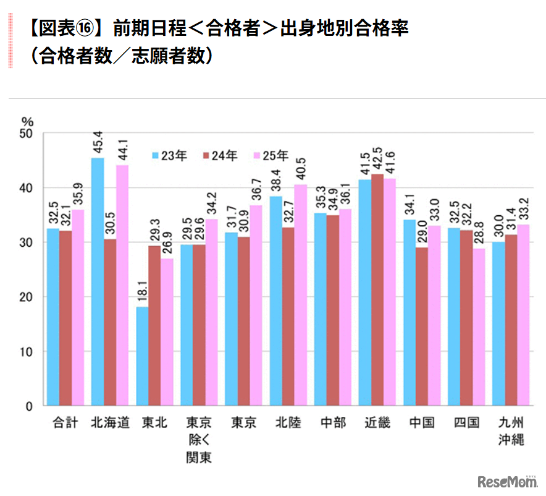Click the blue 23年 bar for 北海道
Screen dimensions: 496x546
(x=98, y=281)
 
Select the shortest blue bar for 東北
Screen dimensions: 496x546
(x=142, y=356)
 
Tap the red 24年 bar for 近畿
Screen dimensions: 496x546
(x=377, y=290)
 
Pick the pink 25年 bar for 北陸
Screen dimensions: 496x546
(x=300, y=295)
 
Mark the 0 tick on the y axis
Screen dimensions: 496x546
(x=30, y=406)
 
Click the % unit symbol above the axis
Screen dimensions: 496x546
(x=27, y=121)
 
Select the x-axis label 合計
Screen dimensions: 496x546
(x=65, y=423)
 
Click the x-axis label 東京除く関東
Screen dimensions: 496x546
(x=199, y=440)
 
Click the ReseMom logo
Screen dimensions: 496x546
(x=505, y=481)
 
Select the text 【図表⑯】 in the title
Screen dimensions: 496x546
(x=66, y=29)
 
